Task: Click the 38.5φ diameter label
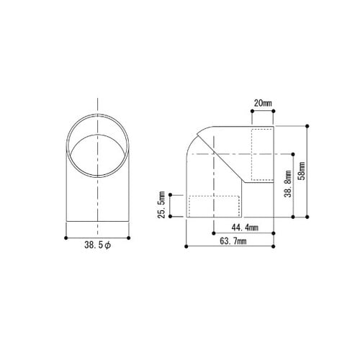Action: (x=97, y=245)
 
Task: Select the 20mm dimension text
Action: (x=263, y=104)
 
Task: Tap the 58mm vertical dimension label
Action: (x=302, y=171)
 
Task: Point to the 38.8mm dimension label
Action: (x=288, y=184)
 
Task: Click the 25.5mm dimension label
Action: (x=162, y=204)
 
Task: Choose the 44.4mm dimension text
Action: (x=245, y=228)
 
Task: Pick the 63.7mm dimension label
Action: (x=233, y=241)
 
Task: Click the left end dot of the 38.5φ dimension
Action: (x=66, y=238)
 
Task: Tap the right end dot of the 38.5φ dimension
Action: (x=129, y=238)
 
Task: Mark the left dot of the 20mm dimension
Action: (x=252, y=111)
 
